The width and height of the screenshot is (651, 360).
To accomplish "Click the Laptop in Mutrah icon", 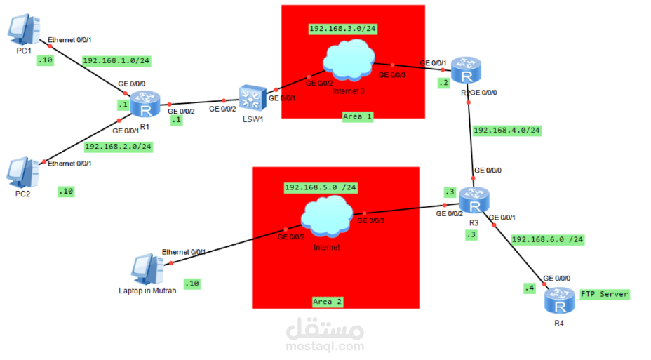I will (x=147, y=269).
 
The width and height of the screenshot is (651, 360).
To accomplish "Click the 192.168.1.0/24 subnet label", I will (x=116, y=60).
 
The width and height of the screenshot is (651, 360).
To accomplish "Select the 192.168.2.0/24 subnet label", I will (x=118, y=147).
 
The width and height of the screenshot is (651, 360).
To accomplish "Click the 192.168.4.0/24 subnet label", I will (x=507, y=130).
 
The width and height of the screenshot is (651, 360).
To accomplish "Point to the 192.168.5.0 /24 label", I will (x=321, y=187).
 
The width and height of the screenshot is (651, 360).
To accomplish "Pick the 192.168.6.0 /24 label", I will (x=548, y=239).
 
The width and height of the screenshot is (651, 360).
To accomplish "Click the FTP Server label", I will (x=604, y=294).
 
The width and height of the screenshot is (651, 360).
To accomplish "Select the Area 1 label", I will (x=358, y=116).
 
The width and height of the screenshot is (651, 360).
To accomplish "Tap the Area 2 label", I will (x=328, y=301).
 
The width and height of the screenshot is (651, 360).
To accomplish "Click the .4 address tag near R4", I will (x=529, y=288).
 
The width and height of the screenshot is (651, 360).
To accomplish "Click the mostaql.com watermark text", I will (x=325, y=346).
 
